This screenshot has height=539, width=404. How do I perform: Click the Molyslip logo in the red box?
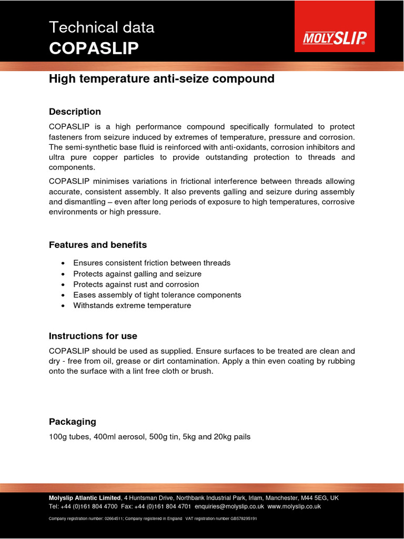(335, 38)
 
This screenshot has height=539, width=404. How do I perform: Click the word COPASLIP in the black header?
(94, 48)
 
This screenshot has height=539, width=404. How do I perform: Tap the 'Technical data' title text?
(102, 27)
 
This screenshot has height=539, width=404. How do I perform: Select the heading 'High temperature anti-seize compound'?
(161, 79)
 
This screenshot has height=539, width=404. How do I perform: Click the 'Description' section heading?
(75, 112)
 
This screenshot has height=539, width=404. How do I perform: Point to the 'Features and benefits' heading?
(98, 245)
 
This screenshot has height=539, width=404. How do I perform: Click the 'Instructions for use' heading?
(93, 336)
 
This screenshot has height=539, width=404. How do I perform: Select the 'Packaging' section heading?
(73, 422)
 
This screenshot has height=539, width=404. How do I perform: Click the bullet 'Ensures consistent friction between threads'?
(151, 263)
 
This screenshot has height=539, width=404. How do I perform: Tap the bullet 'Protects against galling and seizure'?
(137, 274)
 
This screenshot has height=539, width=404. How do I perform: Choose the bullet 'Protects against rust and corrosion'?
(136, 284)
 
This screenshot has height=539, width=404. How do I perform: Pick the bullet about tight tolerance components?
(157, 295)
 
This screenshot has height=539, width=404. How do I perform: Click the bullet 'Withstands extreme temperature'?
(132, 305)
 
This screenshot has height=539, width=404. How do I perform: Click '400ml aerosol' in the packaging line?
(115, 436)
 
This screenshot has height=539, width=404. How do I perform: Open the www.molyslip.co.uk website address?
(294, 506)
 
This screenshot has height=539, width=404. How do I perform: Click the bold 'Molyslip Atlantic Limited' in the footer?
(85, 497)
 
